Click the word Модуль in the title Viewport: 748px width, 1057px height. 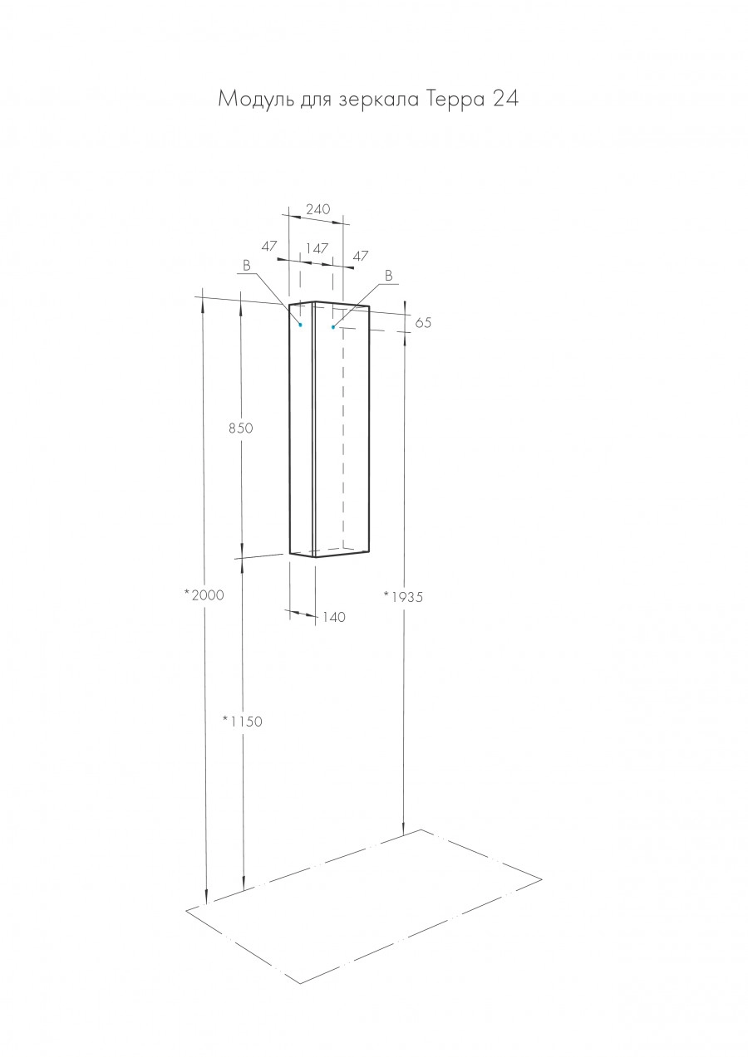click(x=249, y=100)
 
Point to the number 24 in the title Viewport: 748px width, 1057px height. click(x=505, y=100)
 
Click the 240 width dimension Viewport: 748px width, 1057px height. click(x=317, y=209)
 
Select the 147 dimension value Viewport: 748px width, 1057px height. click(x=317, y=247)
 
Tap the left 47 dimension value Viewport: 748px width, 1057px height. click(x=268, y=246)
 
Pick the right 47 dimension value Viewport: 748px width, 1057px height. click(x=360, y=257)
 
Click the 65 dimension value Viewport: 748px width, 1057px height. click(x=423, y=323)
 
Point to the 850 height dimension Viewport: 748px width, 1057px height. click(x=239, y=428)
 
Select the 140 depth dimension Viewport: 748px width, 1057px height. click(x=333, y=617)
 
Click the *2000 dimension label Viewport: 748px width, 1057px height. click(x=204, y=595)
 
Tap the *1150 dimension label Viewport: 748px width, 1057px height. click(x=242, y=721)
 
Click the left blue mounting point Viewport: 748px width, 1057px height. click(x=300, y=325)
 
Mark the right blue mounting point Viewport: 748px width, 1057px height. click(x=333, y=327)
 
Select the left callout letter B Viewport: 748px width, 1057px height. click(x=247, y=265)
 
